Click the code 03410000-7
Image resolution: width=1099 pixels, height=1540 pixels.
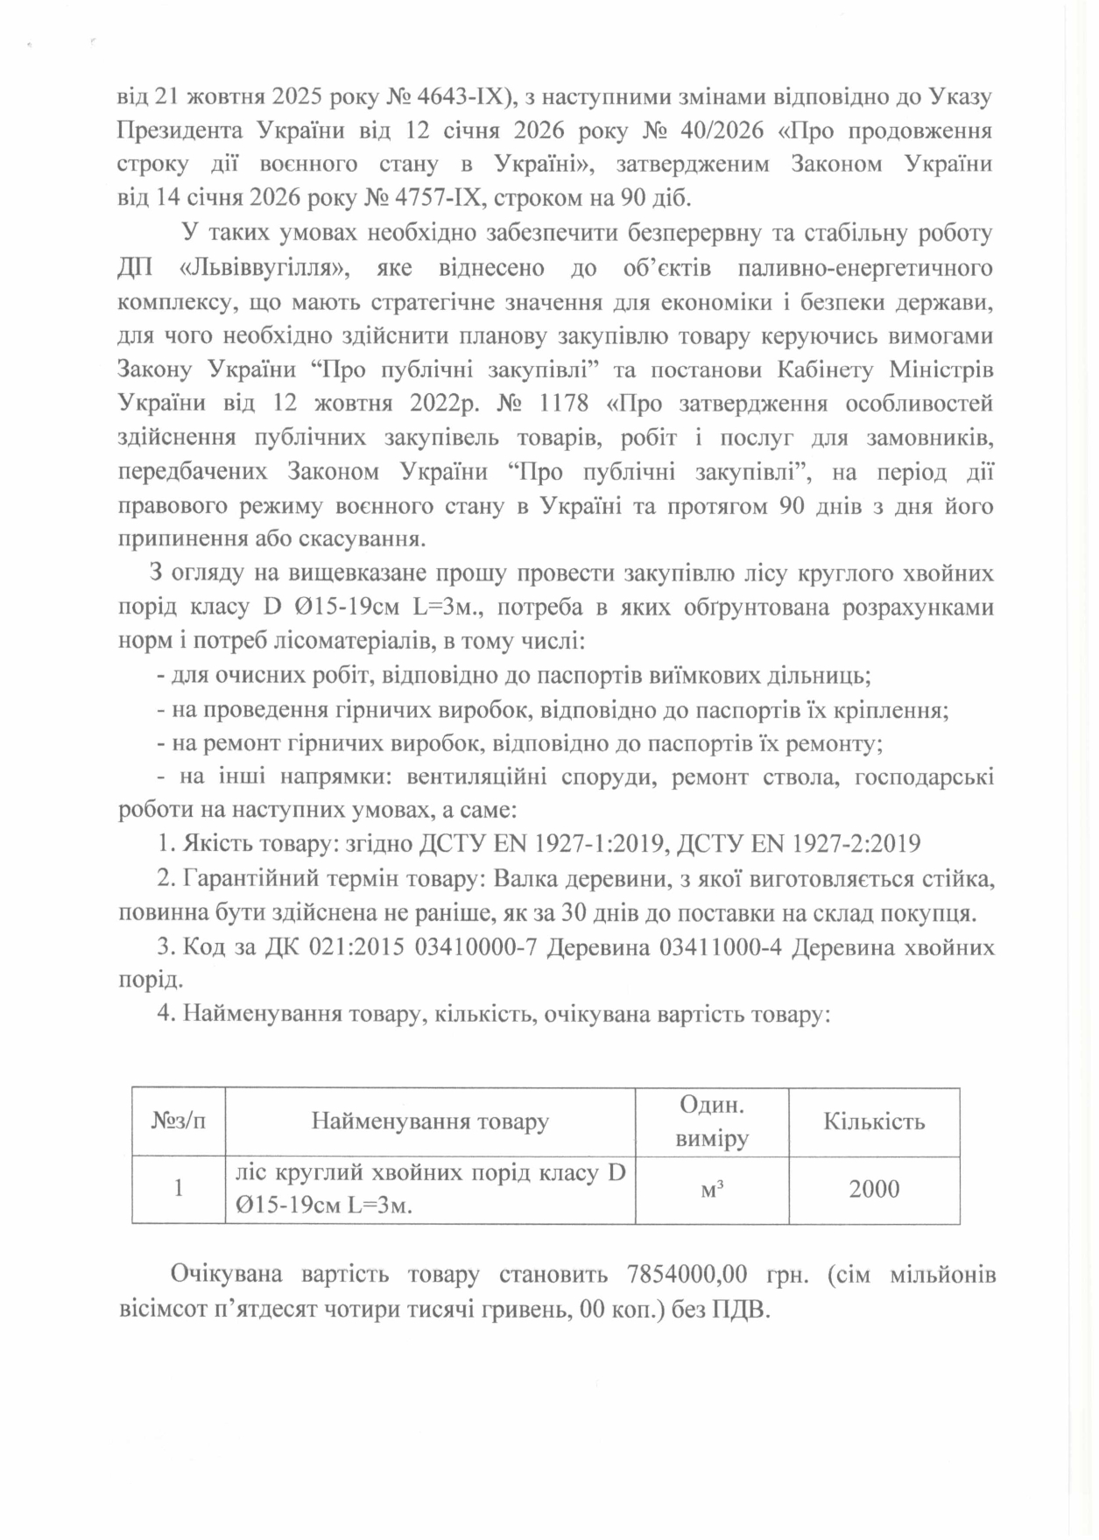tap(470, 948)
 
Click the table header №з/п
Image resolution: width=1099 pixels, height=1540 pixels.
tap(179, 1121)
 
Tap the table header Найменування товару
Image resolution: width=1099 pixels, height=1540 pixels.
tap(430, 1122)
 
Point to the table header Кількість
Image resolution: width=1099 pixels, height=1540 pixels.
tap(873, 1122)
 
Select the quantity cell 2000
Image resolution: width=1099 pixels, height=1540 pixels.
tap(873, 1188)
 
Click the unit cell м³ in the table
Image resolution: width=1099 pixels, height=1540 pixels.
tap(711, 1188)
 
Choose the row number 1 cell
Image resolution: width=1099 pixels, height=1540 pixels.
tap(179, 1188)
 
